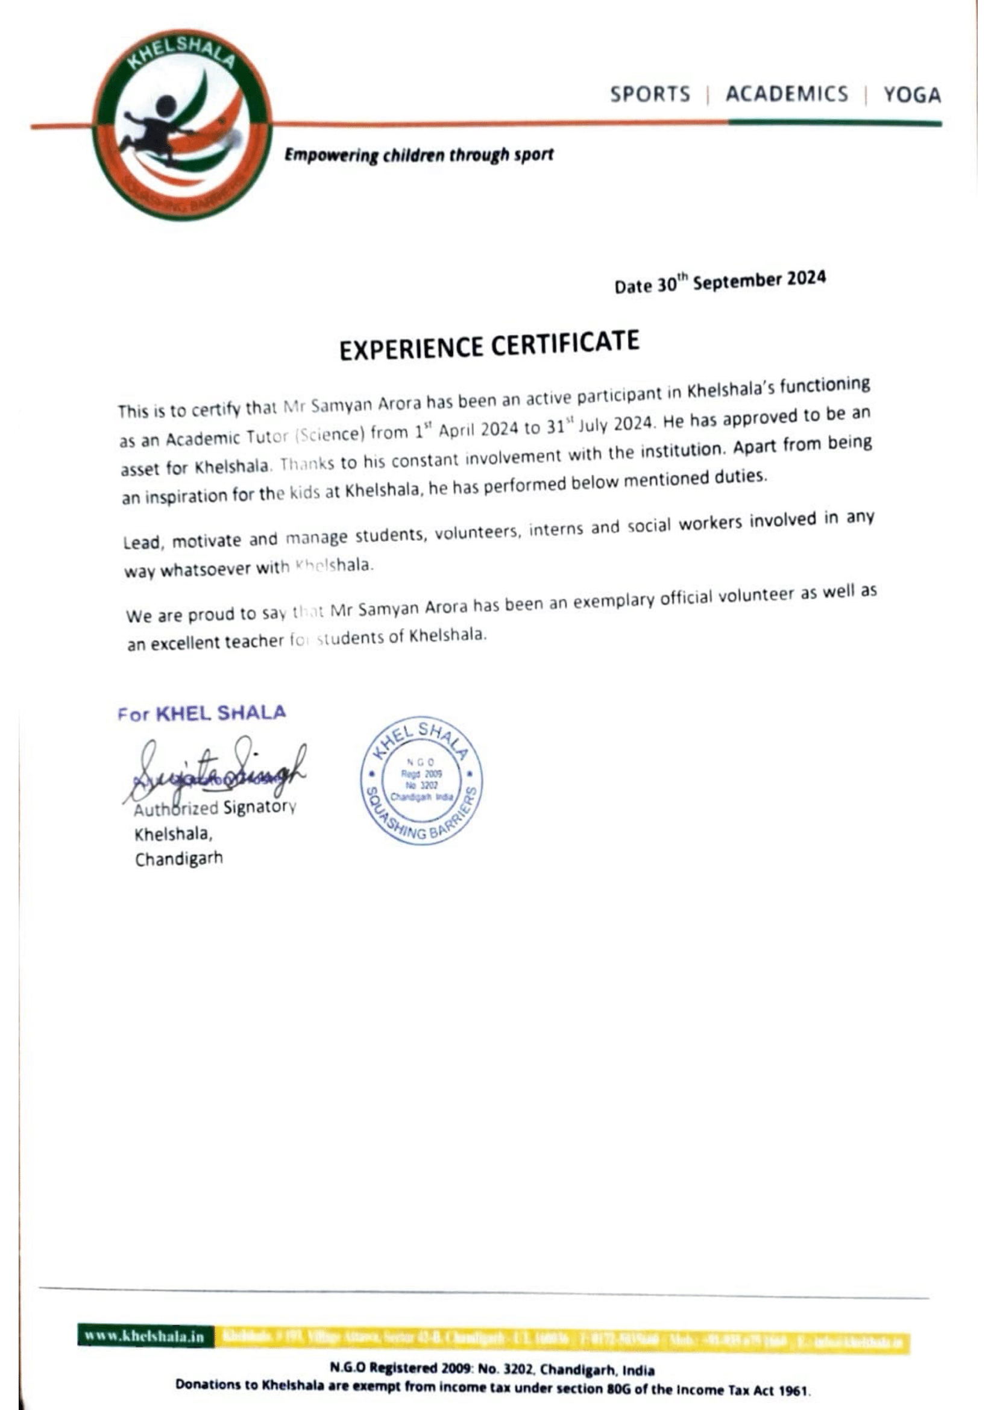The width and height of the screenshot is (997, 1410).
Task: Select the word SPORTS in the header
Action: (x=650, y=95)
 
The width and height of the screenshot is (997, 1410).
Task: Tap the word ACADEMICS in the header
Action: (x=787, y=94)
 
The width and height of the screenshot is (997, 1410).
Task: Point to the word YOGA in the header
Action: (x=911, y=95)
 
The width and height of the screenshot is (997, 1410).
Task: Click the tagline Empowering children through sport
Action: (x=418, y=155)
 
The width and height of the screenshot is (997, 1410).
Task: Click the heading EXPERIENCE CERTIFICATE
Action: (x=489, y=345)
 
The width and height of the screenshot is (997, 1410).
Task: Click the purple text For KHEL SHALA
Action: (x=202, y=713)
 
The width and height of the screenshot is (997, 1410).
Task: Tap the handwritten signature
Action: (x=215, y=771)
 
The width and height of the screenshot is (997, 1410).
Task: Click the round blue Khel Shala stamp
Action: (x=421, y=781)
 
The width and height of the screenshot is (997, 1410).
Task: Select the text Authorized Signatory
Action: (x=215, y=808)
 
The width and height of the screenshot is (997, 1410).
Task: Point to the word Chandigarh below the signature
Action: (x=178, y=858)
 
